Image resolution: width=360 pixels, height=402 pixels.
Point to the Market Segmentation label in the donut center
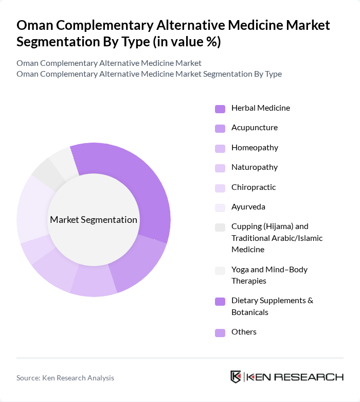pyautogui.click(x=94, y=220)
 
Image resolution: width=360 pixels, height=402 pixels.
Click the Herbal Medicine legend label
pyautogui.click(x=260, y=108)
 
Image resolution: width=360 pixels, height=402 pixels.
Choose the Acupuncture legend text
pyautogui.click(x=254, y=128)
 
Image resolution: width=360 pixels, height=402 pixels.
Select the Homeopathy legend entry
pyautogui.click(x=255, y=148)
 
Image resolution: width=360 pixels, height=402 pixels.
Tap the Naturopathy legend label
pyautogui.click(x=254, y=167)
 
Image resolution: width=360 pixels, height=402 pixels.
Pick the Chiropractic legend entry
pyautogui.click(x=253, y=187)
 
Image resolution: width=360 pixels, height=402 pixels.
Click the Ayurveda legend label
pyautogui.click(x=248, y=207)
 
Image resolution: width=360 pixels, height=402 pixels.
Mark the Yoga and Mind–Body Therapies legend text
pyautogui.click(x=269, y=275)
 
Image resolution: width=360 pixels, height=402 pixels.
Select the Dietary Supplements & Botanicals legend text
pyautogui.click(x=272, y=306)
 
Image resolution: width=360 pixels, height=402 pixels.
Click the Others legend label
pyautogui.click(x=244, y=332)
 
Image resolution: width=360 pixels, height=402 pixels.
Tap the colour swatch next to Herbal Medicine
pyautogui.click(x=220, y=109)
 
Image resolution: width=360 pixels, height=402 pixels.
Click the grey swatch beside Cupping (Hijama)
pyautogui.click(x=220, y=227)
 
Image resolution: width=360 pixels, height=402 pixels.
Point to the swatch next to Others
pyautogui.click(x=220, y=333)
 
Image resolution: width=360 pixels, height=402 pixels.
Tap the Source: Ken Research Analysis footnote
pyautogui.click(x=65, y=378)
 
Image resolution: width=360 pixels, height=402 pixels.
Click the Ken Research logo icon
pyautogui.click(x=236, y=377)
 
